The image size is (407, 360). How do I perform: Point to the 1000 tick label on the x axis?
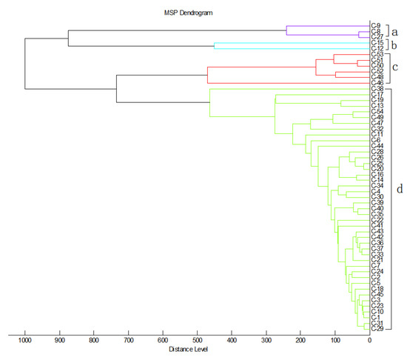(x=25, y=340)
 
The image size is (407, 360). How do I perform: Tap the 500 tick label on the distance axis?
(x=197, y=340)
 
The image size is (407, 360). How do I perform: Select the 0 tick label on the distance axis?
(x=369, y=340)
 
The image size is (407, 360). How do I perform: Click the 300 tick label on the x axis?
(x=266, y=340)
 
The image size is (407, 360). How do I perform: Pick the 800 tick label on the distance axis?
(x=94, y=340)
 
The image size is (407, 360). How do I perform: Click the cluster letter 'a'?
(x=394, y=32)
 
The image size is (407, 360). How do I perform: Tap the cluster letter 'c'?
(x=394, y=67)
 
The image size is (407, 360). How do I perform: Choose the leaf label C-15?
(x=377, y=43)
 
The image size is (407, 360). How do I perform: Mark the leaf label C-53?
(x=377, y=55)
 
